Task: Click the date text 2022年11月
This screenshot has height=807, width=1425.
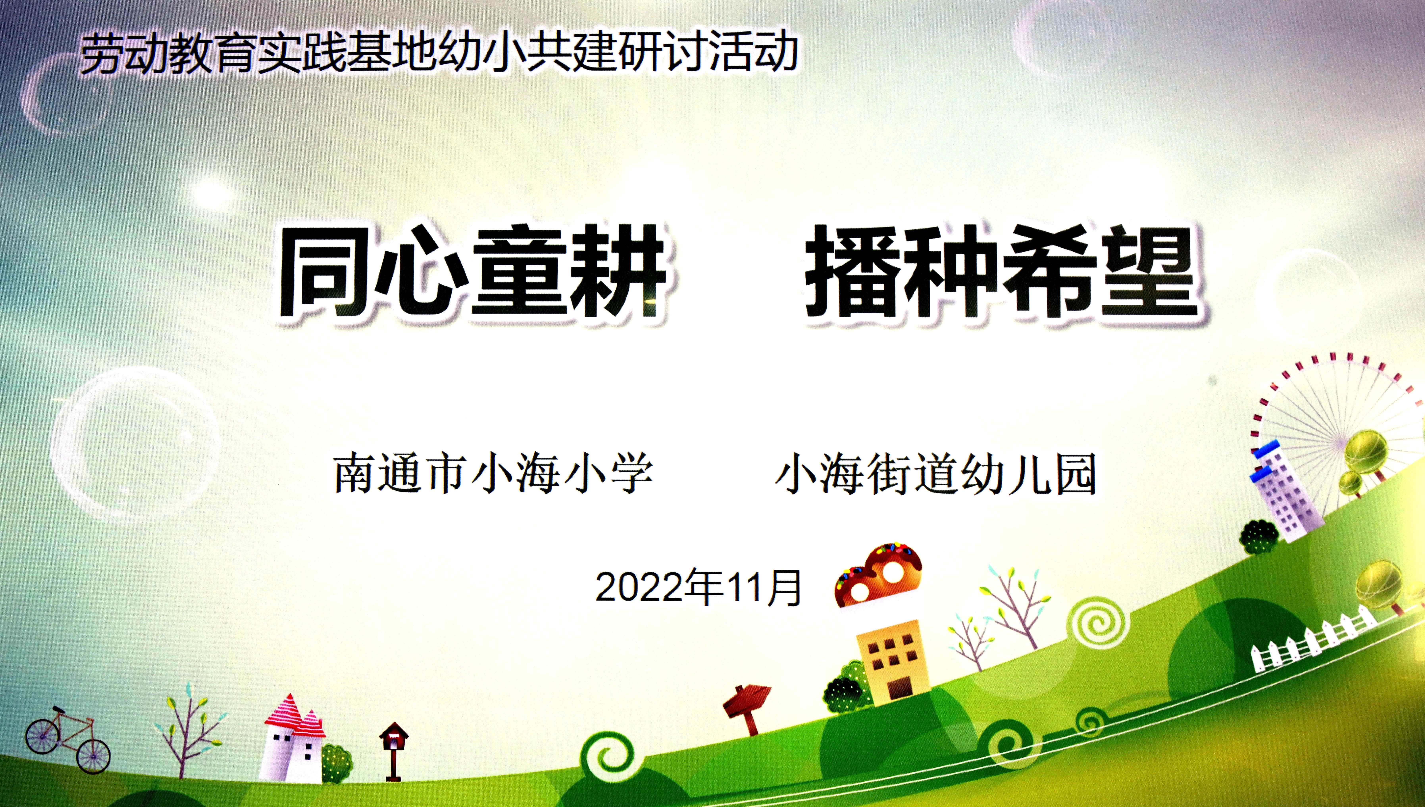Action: [699, 587]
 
